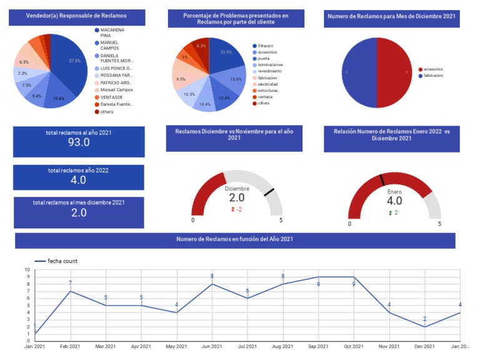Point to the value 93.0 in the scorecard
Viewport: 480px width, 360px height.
pyautogui.click(x=79, y=142)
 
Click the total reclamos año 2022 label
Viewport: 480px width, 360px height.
pyautogui.click(x=79, y=171)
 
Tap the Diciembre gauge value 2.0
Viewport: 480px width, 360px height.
pyautogui.click(x=237, y=197)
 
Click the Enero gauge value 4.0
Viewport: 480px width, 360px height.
pyautogui.click(x=394, y=201)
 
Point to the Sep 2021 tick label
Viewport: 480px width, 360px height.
pyautogui.click(x=318, y=346)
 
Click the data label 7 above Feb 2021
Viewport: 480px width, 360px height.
pyautogui.click(x=71, y=284)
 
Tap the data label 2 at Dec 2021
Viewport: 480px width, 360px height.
pyautogui.click(x=424, y=319)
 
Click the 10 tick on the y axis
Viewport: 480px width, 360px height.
pyautogui.click(x=27, y=270)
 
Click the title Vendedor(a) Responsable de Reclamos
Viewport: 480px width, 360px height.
pyautogui.click(x=77, y=15)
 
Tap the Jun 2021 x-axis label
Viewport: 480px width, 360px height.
pyautogui.click(x=212, y=346)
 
